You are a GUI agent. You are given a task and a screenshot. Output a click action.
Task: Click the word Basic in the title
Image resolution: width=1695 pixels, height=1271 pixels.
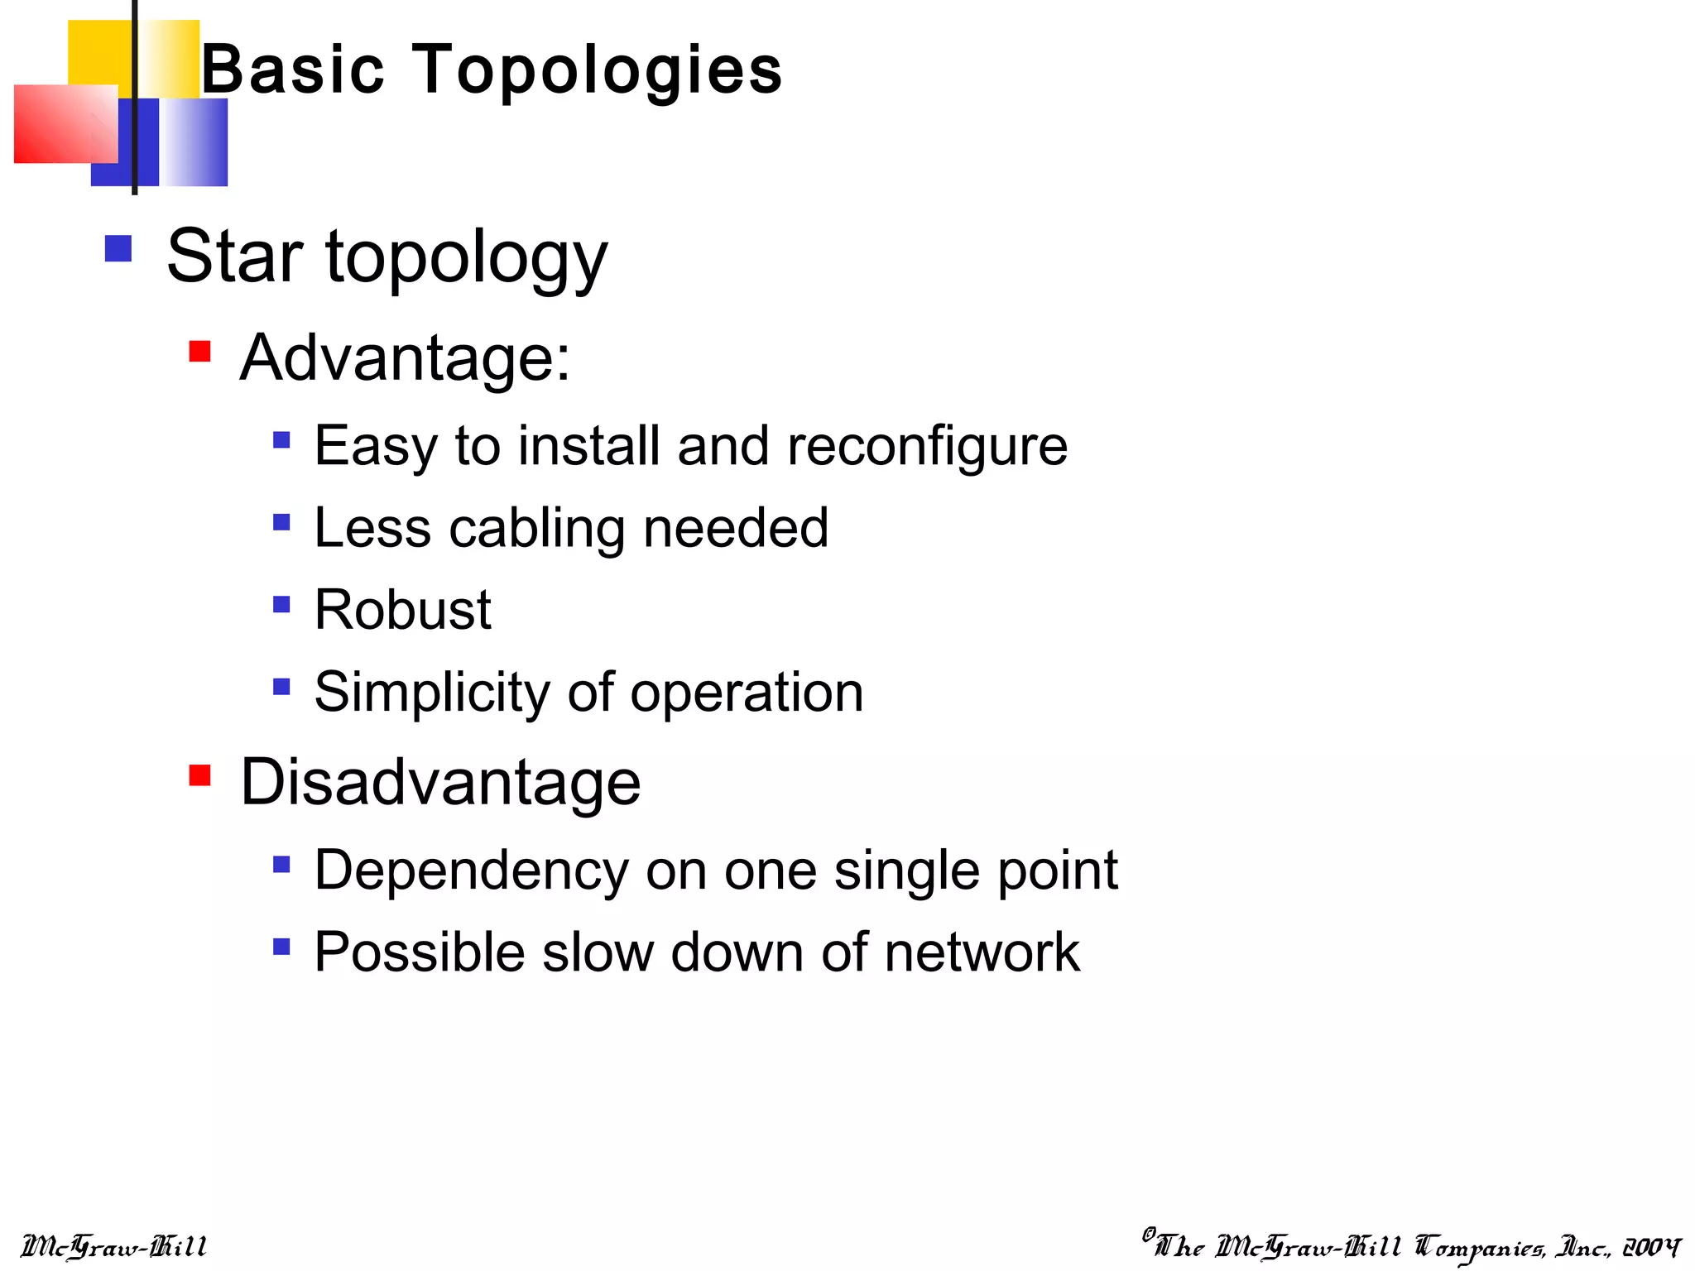(293, 70)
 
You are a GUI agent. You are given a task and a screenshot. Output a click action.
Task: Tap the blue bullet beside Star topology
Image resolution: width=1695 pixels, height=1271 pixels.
(118, 249)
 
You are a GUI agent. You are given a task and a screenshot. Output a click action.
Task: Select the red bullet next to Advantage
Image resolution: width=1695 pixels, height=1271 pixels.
(199, 352)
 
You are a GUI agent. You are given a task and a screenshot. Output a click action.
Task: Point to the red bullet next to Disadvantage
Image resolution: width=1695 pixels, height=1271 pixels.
(199, 775)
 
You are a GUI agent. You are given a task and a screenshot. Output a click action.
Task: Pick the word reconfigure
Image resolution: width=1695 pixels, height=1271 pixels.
(927, 447)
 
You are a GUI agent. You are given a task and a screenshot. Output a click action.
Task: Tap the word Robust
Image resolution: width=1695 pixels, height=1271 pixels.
(403, 610)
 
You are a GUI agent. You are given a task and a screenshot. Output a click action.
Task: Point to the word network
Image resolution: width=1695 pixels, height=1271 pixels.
(982, 952)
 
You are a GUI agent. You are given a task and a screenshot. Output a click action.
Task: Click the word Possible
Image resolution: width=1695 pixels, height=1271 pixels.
(420, 952)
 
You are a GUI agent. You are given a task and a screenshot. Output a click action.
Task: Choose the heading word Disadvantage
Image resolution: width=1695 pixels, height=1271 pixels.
(440, 782)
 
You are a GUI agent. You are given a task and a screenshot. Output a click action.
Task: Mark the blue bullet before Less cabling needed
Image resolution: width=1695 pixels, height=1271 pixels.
(281, 522)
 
